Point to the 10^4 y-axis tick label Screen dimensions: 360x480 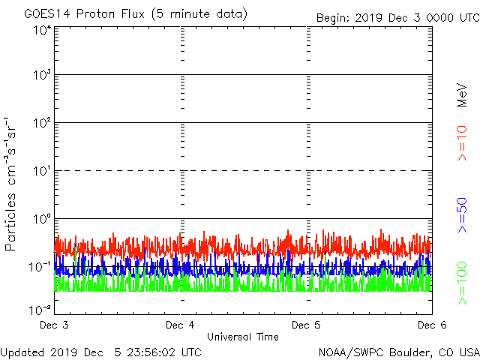(x=42, y=30)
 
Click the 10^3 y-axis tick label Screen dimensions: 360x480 (x=42, y=75)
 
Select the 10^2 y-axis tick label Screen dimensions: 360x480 (x=42, y=123)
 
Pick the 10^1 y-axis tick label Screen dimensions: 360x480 (x=42, y=171)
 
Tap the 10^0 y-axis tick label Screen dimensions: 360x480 (x=42, y=219)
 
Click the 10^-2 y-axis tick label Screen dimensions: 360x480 (x=40, y=309)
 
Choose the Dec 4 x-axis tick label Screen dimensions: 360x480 (x=181, y=325)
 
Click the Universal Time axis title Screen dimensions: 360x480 (x=243, y=337)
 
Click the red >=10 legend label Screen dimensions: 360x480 (x=463, y=142)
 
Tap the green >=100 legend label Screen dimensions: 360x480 (x=463, y=283)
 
